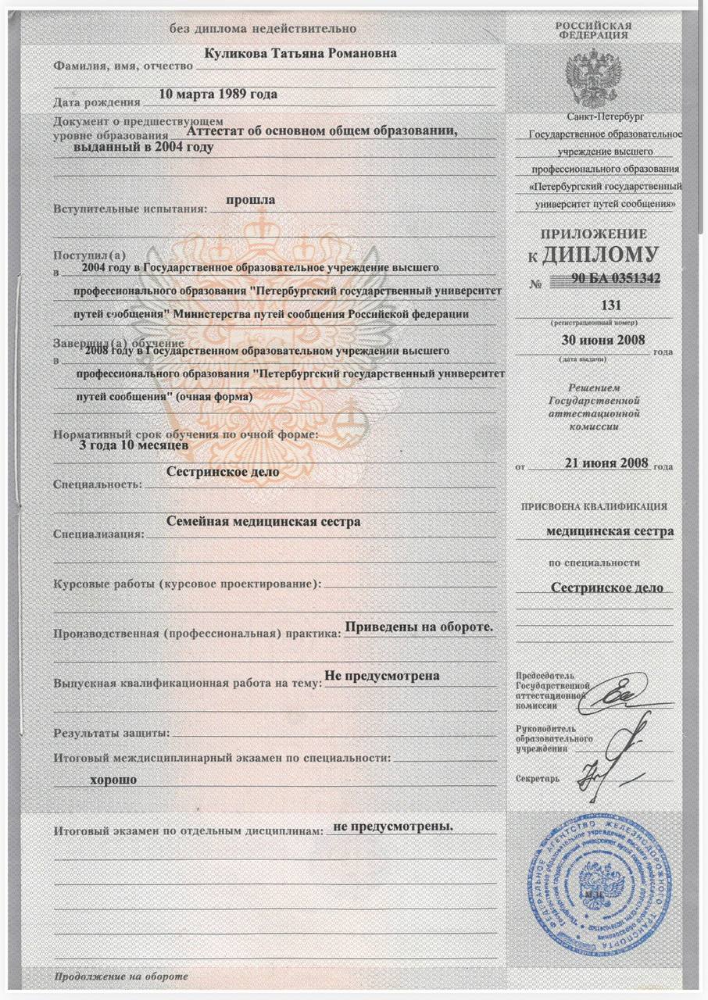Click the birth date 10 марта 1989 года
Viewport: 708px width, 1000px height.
217,95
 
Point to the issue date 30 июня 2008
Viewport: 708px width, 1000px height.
599,340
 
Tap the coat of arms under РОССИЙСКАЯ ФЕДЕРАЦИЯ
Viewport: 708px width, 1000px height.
592,75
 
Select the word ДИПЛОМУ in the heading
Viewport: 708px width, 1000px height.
611,255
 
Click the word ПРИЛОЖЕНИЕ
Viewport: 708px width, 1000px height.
594,234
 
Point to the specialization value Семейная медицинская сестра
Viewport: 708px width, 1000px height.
264,522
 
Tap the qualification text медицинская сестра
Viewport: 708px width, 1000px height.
610,531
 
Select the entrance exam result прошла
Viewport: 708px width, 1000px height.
250,200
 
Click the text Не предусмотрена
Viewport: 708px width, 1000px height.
381,676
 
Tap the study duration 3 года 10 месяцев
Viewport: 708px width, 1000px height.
133,445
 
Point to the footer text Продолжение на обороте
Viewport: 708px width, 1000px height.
121,977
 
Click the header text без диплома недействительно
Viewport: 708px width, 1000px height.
264,29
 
